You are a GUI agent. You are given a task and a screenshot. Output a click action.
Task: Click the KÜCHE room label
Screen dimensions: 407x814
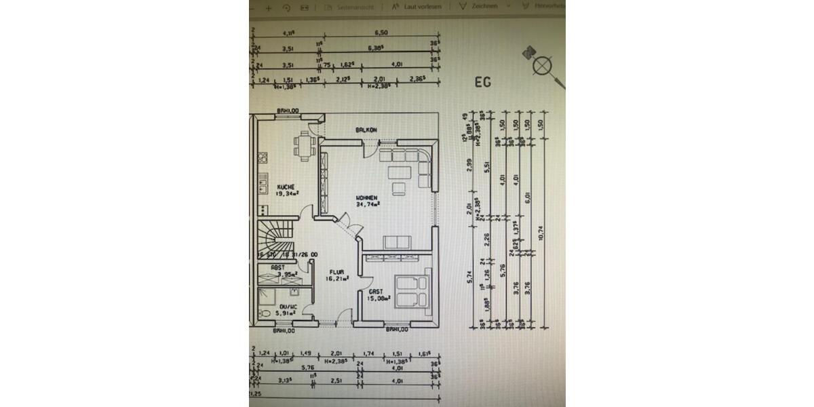(285, 186)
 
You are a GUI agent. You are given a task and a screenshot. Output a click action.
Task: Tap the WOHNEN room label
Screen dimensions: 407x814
(368, 197)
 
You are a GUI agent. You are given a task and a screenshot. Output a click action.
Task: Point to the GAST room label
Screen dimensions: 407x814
(377, 292)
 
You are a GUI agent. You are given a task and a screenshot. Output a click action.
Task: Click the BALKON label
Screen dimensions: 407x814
(366, 130)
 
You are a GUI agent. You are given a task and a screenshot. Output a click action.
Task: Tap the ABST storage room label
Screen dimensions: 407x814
(278, 267)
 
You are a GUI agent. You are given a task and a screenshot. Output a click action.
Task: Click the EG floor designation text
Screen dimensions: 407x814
(482, 83)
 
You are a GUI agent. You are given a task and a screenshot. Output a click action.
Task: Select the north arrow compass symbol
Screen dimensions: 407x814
(543, 66)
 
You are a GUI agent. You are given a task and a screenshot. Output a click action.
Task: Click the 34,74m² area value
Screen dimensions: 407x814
(368, 203)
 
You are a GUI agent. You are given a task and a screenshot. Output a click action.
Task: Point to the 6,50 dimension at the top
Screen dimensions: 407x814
(381, 33)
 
